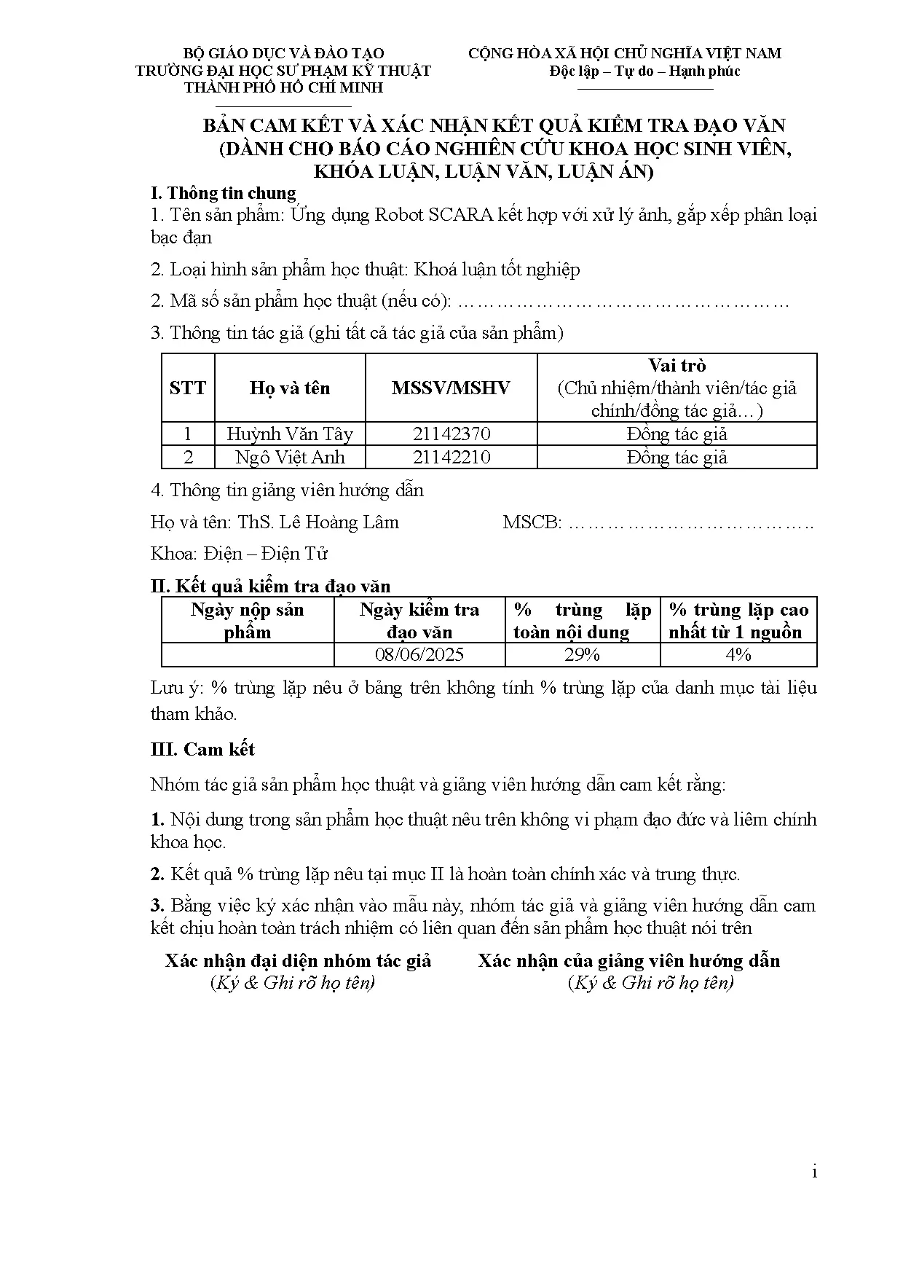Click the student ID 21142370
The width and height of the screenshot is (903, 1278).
tap(451, 434)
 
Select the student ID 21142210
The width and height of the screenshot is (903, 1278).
tap(451, 458)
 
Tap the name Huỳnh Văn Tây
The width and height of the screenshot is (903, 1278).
tap(290, 434)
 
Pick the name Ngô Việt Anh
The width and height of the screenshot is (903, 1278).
tap(290, 458)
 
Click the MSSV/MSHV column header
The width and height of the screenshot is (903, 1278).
tap(451, 388)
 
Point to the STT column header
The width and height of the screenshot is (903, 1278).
tap(188, 388)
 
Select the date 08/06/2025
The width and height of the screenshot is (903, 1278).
tap(419, 654)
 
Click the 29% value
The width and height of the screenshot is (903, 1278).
tap(582, 654)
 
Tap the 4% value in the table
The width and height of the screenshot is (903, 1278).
tap(738, 654)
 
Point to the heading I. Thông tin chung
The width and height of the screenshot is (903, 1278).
tap(223, 193)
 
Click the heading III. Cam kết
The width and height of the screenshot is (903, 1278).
tap(202, 750)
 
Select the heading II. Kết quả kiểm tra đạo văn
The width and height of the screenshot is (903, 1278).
tap(270, 586)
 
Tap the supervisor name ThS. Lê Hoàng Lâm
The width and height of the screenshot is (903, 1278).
tap(318, 522)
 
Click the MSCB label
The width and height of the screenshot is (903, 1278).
tap(532, 522)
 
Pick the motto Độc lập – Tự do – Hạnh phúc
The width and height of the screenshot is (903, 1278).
tap(644, 71)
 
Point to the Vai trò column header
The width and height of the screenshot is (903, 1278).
tap(677, 366)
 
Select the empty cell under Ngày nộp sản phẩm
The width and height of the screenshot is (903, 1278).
tap(248, 654)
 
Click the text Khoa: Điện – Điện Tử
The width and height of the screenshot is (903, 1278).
tap(239, 554)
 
